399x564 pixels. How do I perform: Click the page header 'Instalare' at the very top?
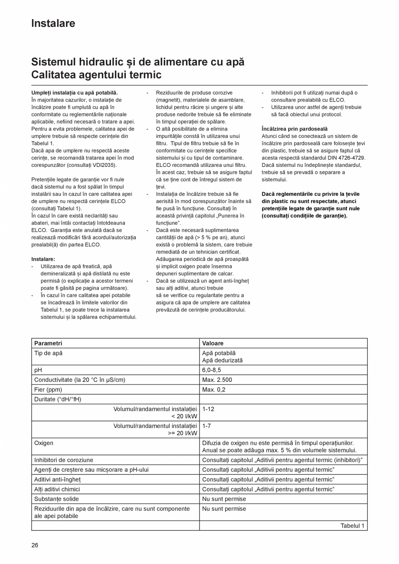point(53,23)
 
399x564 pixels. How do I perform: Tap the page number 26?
point(35,545)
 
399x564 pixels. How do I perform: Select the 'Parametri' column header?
point(48,343)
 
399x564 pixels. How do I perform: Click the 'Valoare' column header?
point(213,343)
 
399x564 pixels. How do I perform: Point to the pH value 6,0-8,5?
point(211,370)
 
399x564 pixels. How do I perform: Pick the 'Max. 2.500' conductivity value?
point(217,380)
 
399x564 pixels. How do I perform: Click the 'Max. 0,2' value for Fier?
point(213,389)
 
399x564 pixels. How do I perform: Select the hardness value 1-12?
point(208,409)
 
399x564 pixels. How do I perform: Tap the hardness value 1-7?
point(206,426)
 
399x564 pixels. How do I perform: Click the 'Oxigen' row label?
point(44,443)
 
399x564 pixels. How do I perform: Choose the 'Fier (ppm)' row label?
point(48,389)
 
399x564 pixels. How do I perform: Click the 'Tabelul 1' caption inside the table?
point(352,525)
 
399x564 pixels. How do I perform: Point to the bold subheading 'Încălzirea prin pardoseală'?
point(294,129)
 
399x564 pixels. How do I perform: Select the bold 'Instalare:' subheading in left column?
point(43,259)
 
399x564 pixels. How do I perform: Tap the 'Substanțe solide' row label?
point(56,499)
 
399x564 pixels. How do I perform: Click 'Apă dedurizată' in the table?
point(222,360)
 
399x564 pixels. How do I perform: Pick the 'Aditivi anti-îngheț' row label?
point(57,479)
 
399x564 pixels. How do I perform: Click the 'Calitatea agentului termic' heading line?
point(96,75)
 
